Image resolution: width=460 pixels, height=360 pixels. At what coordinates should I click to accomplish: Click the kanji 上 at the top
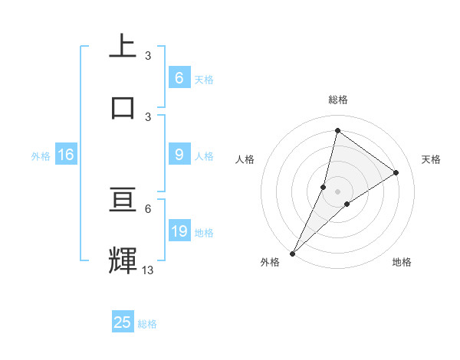click(123, 46)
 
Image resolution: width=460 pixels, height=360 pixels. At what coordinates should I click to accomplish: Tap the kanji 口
click(123, 106)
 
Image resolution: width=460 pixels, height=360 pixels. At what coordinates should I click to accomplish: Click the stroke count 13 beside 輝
click(148, 270)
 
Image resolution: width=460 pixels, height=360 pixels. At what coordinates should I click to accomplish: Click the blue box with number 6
click(179, 77)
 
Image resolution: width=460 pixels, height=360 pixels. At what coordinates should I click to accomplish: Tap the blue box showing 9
click(179, 155)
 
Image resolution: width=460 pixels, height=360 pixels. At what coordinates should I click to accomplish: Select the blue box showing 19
click(179, 231)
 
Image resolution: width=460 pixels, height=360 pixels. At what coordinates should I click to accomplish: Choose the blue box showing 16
click(66, 155)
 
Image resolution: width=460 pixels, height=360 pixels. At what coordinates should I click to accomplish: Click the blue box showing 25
click(123, 322)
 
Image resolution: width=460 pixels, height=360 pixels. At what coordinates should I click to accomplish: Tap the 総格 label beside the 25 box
click(147, 324)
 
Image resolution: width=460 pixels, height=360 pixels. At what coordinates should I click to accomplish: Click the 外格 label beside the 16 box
click(41, 156)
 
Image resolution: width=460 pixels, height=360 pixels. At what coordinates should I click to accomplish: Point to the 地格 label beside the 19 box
click(204, 233)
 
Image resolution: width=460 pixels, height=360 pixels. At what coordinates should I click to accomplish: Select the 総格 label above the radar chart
click(337, 100)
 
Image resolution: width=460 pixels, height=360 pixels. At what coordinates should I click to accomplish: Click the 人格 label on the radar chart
click(245, 159)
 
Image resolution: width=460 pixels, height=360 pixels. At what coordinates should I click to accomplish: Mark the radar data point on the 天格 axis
click(396, 172)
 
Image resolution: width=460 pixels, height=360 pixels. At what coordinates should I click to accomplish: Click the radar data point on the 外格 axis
click(292, 253)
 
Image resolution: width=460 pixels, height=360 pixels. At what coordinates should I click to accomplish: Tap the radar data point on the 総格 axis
click(337, 130)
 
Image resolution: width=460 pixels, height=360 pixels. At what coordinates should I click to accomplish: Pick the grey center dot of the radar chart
click(337, 191)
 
